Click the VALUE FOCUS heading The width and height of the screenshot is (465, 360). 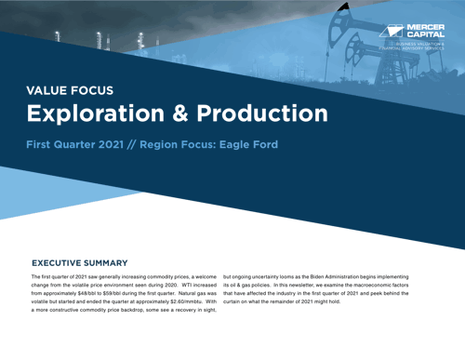70,90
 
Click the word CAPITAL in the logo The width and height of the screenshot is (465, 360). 426,35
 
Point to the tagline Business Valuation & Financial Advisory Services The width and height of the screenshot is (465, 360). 419,47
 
